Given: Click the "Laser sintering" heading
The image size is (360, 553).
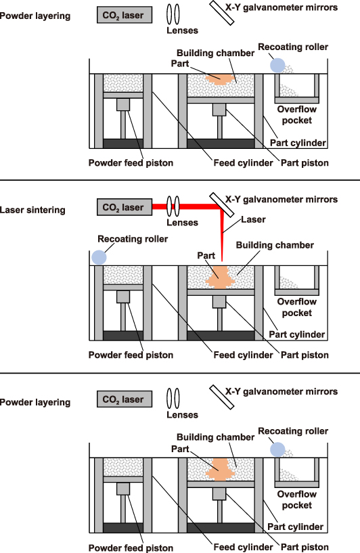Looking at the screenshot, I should (32, 210).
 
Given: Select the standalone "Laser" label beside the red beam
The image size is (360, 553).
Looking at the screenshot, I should (254, 219).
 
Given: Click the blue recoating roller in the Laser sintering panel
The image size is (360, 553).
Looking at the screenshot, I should (99, 257).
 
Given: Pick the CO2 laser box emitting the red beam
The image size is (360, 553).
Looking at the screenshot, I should (123, 207).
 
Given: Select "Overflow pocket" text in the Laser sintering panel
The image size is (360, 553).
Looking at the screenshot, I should (297, 308).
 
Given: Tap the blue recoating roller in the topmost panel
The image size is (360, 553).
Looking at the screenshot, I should (277, 65).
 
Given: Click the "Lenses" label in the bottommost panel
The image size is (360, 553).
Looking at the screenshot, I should (183, 415).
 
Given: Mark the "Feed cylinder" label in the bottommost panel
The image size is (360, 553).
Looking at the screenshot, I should (244, 548).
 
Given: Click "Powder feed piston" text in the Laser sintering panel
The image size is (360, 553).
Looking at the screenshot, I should (131, 355).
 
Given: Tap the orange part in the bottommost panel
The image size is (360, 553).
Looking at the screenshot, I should (220, 468).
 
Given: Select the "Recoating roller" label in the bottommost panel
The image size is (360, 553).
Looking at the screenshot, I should (293, 431).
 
